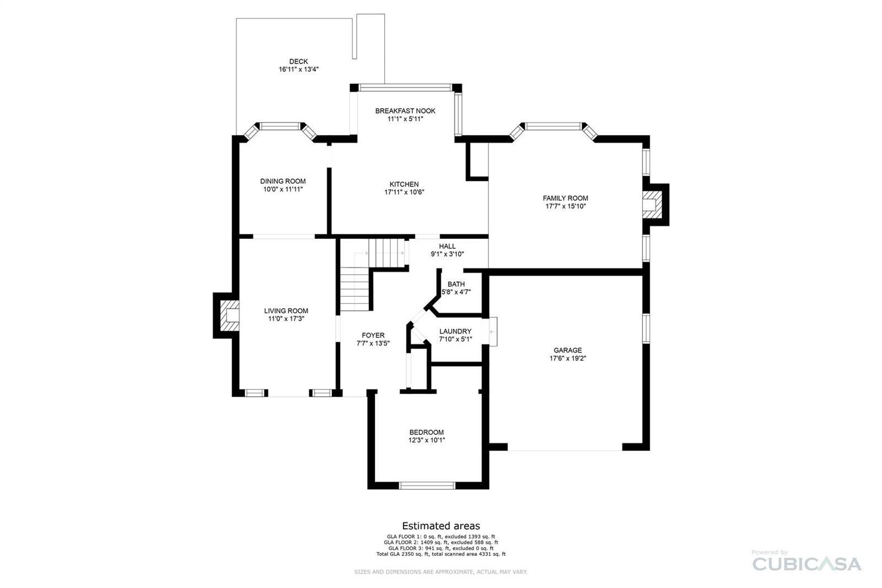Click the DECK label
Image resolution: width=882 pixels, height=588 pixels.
(x=298, y=61)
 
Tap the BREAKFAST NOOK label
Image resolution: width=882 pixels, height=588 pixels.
(x=405, y=111)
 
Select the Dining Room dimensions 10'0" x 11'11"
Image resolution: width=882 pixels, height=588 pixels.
(x=283, y=189)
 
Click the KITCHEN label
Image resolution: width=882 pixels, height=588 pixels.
(x=404, y=184)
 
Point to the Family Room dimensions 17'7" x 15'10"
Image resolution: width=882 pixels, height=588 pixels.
(x=566, y=206)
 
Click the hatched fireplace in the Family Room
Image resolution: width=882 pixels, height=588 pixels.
(x=652, y=204)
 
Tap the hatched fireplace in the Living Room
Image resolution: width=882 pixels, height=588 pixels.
(x=229, y=316)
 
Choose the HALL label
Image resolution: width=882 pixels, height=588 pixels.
(x=447, y=247)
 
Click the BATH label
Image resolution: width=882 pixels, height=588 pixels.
(x=456, y=284)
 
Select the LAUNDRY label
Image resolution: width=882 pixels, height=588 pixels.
(x=455, y=332)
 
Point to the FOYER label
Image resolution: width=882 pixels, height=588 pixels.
(x=373, y=335)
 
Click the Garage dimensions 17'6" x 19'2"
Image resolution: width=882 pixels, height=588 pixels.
(x=568, y=358)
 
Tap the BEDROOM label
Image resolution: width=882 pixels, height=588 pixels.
(x=427, y=432)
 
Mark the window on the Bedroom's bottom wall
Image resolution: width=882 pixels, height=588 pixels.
(x=427, y=485)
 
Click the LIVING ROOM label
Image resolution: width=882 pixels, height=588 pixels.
(x=286, y=311)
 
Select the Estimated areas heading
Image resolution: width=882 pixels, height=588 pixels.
(x=441, y=526)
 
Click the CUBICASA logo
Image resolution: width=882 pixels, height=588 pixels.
(x=807, y=564)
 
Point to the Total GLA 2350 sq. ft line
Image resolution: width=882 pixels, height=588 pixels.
(x=441, y=554)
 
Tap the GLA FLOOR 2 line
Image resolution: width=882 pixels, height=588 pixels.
(x=441, y=542)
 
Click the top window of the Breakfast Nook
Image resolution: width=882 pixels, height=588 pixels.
(x=406, y=88)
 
